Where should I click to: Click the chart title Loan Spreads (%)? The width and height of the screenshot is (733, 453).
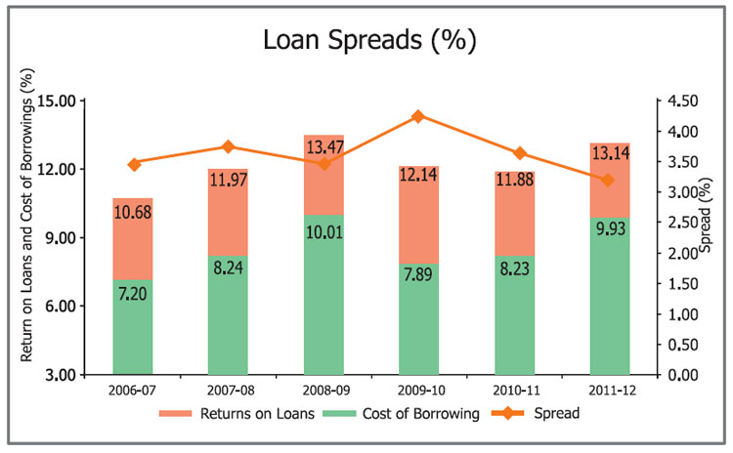369,41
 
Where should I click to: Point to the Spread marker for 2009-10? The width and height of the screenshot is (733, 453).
417,116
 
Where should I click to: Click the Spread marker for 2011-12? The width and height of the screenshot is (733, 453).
607,180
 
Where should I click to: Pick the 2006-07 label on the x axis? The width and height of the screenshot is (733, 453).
133,391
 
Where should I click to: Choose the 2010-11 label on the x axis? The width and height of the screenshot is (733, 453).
512,391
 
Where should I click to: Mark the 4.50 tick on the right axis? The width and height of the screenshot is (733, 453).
681,101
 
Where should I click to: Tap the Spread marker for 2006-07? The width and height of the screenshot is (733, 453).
133,163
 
